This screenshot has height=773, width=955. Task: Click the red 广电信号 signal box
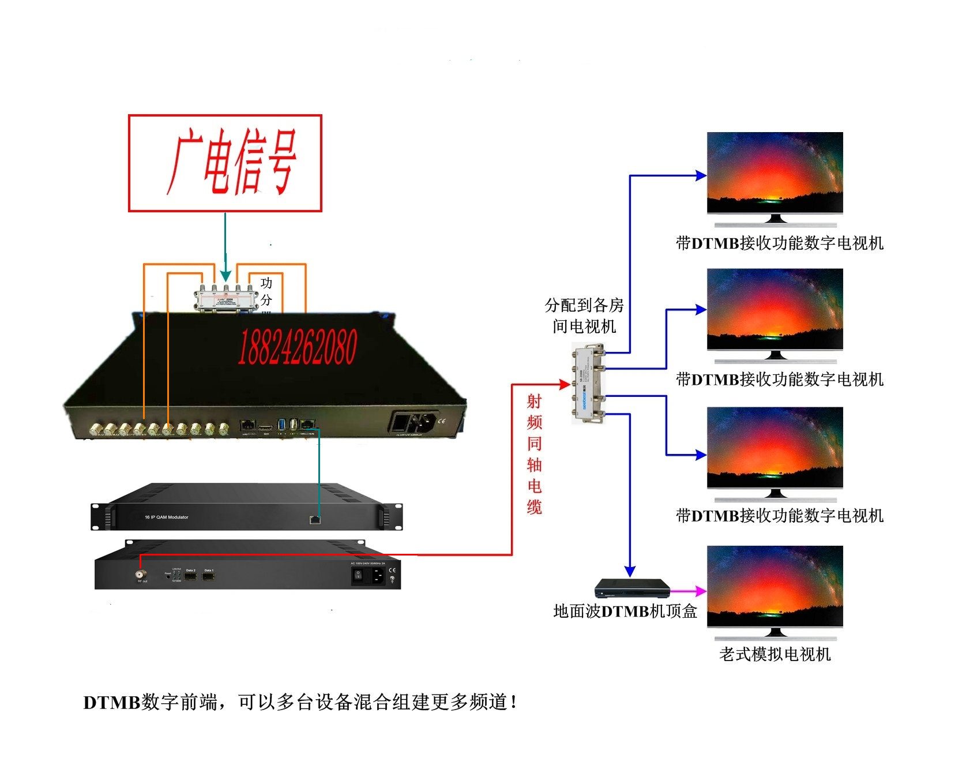(225, 163)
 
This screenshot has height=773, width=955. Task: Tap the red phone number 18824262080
(298, 347)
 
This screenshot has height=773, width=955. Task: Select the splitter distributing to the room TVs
(589, 384)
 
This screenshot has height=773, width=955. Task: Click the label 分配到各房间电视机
(584, 316)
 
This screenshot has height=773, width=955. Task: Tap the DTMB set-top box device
(632, 589)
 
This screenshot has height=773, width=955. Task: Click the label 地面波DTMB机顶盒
(625, 611)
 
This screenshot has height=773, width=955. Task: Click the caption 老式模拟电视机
(775, 654)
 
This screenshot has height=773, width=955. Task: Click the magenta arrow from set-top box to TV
(690, 591)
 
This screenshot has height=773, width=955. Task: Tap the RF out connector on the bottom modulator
(140, 575)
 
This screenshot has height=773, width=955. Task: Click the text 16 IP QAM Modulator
(166, 517)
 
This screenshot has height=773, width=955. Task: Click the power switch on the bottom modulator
(358, 575)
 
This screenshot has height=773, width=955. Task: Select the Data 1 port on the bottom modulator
(209, 576)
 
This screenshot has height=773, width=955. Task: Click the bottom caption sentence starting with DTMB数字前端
(300, 702)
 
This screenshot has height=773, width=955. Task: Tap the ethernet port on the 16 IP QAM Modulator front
(315, 520)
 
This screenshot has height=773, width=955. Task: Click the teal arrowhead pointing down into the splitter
(225, 276)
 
